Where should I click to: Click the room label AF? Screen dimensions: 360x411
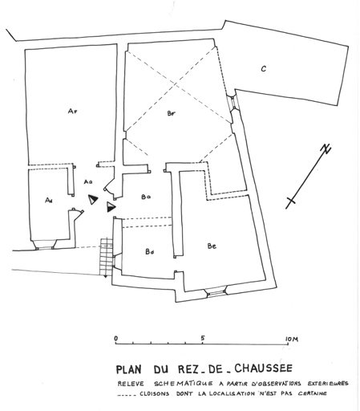tap(72, 111)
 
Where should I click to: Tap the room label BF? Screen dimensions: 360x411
tap(172, 113)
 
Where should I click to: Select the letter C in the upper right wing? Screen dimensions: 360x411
tap(264, 69)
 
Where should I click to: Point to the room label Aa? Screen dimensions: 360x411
tap(88, 182)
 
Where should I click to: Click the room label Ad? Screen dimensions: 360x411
tap(48, 200)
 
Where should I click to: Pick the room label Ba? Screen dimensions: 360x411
tap(146, 197)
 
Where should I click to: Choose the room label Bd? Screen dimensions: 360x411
tap(150, 252)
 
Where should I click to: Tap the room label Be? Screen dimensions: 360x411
tap(212, 246)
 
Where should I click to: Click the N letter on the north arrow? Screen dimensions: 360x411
tap(326, 149)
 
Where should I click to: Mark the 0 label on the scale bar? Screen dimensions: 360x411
tap(115, 339)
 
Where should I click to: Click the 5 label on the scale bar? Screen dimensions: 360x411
tap(203, 338)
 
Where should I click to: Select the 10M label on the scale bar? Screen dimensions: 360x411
tap(292, 340)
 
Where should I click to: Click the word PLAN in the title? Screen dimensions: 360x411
tap(128, 369)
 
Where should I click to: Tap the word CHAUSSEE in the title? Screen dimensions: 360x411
tap(263, 368)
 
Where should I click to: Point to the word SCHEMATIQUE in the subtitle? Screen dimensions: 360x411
tap(184, 384)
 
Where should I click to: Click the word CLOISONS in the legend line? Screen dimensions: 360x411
tap(154, 394)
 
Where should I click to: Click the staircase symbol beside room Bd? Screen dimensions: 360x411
tap(107, 256)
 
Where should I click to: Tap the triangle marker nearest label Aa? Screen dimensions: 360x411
tap(93, 199)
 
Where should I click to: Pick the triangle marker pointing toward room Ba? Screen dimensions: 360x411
tap(111, 207)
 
